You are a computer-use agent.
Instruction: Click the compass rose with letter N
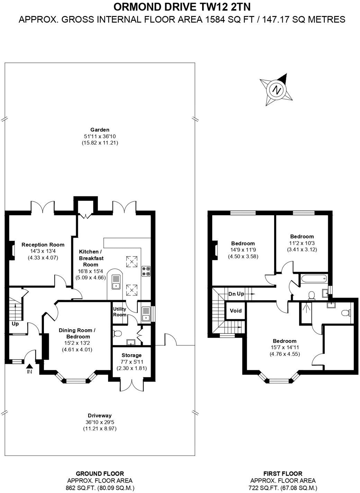click(x=276, y=90)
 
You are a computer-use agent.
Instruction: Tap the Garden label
click(x=100, y=130)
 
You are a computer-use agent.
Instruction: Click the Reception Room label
click(x=43, y=245)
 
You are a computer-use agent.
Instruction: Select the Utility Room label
click(x=120, y=312)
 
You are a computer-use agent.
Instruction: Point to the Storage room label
click(x=132, y=355)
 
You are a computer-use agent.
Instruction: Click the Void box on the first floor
click(x=236, y=311)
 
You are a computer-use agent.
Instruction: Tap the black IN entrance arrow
click(x=29, y=366)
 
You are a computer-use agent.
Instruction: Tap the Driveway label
click(x=100, y=415)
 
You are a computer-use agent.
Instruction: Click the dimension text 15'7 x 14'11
click(x=285, y=348)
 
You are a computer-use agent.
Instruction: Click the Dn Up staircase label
click(x=236, y=294)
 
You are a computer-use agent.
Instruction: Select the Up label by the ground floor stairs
click(x=15, y=324)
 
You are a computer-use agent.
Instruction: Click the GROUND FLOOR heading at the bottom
click(x=100, y=474)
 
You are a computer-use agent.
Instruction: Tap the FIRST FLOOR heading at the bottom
click(x=283, y=474)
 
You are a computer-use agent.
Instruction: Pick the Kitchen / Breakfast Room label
click(x=91, y=258)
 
